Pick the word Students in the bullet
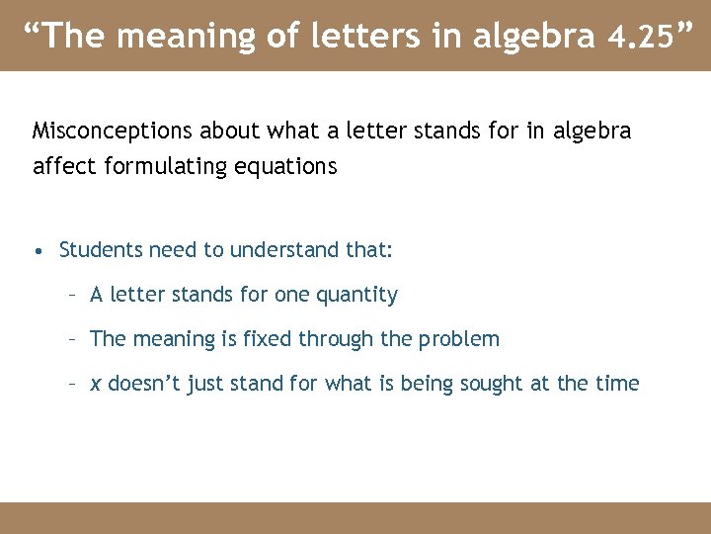coord(101,250)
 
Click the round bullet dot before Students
coord(38,251)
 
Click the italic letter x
coord(96,384)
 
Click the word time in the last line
coord(618,384)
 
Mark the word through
coord(334,339)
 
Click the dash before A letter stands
coord(72,295)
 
